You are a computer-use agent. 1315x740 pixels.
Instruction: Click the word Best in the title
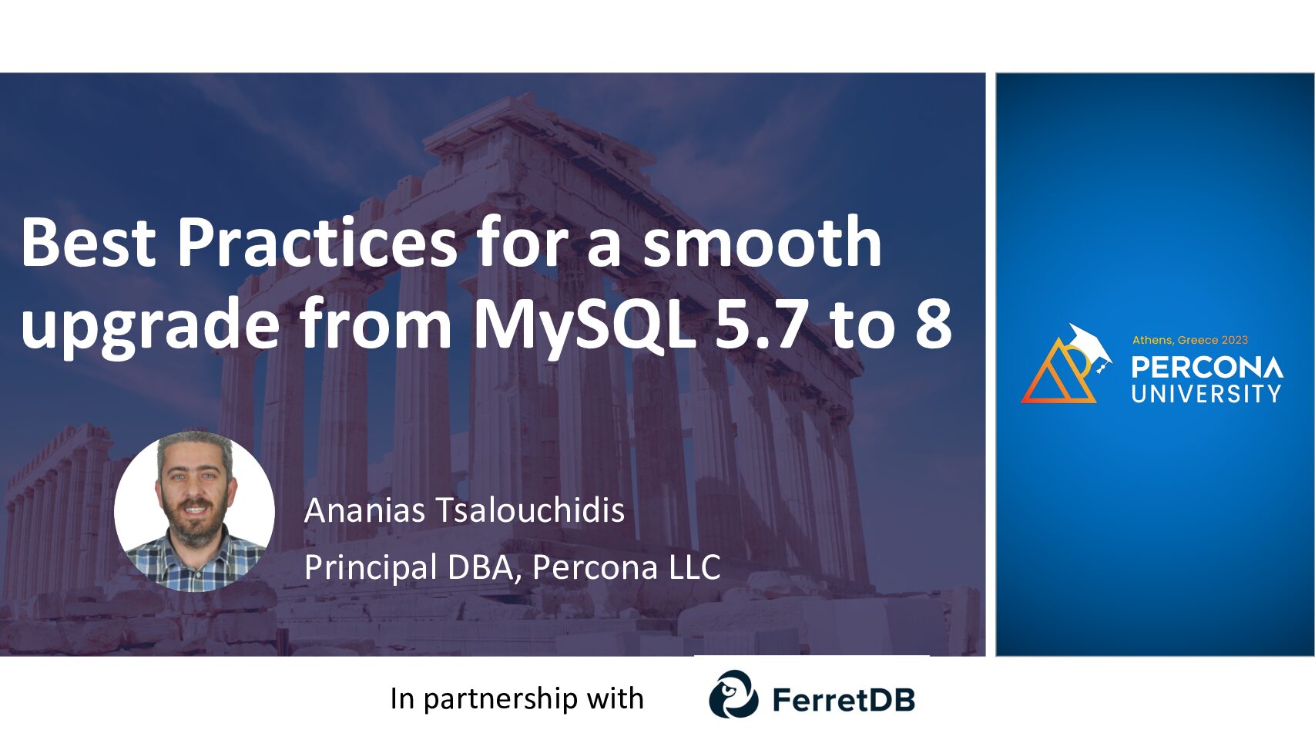(89, 241)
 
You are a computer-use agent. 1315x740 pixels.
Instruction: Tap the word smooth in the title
(762, 241)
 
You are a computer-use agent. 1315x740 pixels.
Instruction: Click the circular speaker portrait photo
(194, 511)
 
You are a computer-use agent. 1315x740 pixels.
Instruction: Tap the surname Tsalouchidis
(531, 510)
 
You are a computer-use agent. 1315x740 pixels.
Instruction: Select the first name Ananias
(364, 510)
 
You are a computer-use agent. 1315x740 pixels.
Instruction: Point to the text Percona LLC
(626, 567)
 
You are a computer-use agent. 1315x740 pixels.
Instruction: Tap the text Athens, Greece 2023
(1190, 340)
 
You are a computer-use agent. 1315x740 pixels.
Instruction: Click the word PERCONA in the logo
(1207, 368)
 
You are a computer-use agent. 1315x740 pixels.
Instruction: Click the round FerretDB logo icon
(733, 694)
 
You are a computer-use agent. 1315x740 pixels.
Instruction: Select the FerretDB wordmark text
(844, 699)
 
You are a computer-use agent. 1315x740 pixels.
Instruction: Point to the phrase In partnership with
(517, 699)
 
